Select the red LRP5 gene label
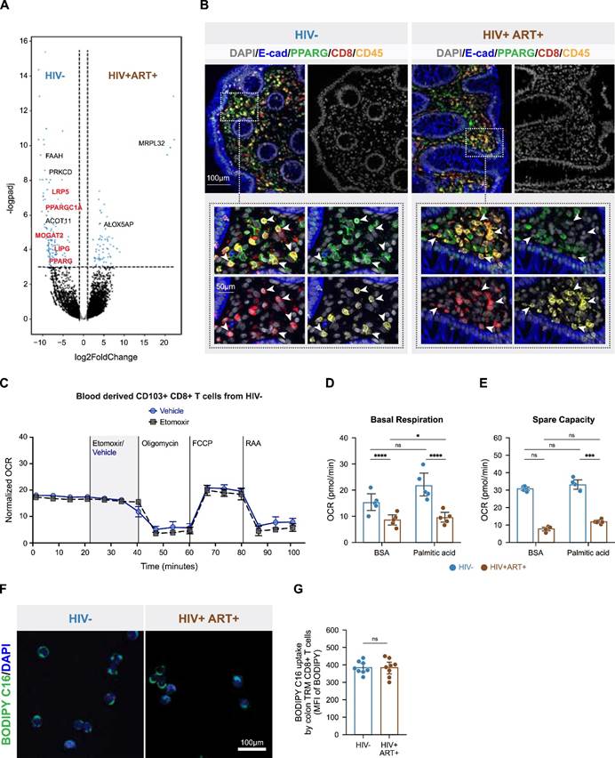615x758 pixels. coord(61,192)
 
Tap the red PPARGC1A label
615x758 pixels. coord(65,207)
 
